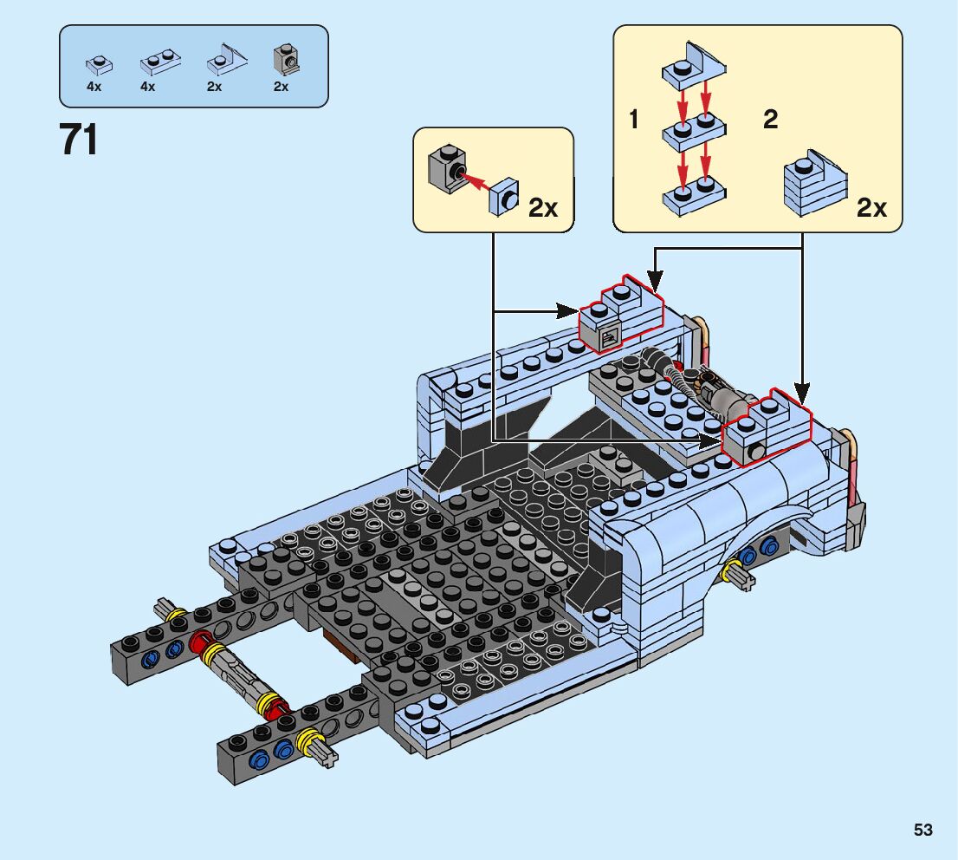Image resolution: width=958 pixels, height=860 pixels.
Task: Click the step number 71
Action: tap(79, 140)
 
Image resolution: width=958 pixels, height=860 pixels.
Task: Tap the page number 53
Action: tap(922, 830)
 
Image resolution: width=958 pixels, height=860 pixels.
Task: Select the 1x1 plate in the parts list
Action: tap(96, 62)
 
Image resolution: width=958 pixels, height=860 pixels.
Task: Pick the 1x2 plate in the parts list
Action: tap(159, 62)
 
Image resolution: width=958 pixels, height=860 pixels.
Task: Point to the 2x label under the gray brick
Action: tap(281, 87)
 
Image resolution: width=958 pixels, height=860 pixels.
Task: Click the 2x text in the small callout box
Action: tap(543, 208)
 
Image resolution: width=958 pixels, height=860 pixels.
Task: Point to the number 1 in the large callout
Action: tap(634, 120)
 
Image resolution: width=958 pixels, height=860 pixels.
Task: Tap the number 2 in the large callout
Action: tap(770, 120)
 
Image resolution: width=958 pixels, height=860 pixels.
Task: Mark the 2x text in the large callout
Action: tap(871, 208)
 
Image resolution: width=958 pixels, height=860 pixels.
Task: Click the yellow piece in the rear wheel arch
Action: tap(739, 572)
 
